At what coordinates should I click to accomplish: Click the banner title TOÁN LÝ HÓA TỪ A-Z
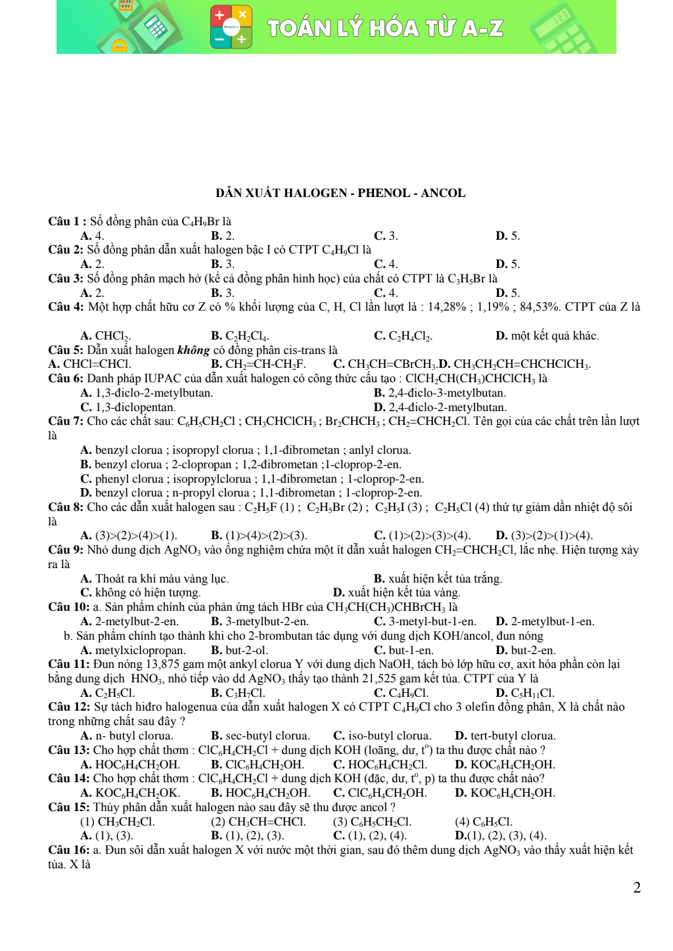click(x=385, y=28)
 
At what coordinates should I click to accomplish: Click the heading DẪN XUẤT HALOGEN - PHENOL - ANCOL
click(x=340, y=193)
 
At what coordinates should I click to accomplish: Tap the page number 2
click(x=636, y=888)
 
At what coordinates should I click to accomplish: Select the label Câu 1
click(x=64, y=221)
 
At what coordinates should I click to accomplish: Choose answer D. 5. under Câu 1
click(x=507, y=236)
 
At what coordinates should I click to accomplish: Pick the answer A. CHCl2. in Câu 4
click(x=105, y=336)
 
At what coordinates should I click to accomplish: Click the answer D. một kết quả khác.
click(x=547, y=336)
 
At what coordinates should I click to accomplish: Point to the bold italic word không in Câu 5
click(x=193, y=350)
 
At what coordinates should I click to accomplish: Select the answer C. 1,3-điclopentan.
click(x=128, y=407)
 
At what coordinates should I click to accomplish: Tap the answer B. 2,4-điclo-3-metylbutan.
click(x=440, y=393)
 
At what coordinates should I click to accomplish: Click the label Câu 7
click(x=65, y=421)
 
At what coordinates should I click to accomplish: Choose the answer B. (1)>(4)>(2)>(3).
click(x=259, y=535)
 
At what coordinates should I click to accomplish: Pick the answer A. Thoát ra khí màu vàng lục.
click(x=154, y=579)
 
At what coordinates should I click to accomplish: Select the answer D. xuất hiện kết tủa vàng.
click(x=396, y=592)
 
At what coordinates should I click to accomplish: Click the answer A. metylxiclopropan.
click(x=133, y=650)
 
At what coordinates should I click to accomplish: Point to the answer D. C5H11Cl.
click(x=524, y=693)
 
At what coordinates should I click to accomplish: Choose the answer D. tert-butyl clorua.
click(x=505, y=736)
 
